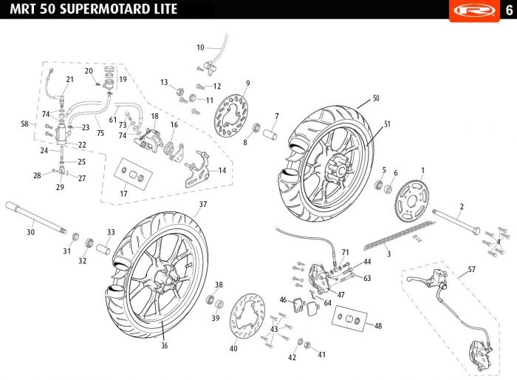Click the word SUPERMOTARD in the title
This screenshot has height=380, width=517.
(94, 10)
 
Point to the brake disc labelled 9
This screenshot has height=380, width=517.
(231, 117)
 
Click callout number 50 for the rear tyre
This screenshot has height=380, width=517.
(376, 98)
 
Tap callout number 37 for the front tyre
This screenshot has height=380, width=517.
(202, 203)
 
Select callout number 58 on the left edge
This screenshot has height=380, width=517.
(24, 124)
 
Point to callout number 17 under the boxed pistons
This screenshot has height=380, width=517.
(123, 194)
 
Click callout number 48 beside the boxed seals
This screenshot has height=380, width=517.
(378, 326)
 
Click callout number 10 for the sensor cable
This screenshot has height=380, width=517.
(199, 47)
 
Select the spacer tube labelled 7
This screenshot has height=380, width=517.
(270, 138)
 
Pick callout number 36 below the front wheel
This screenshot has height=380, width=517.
(164, 345)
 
